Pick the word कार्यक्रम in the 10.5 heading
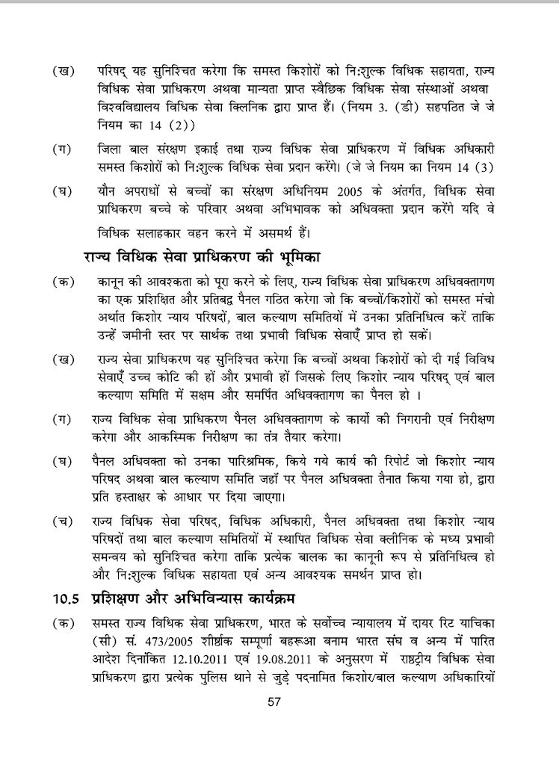click(x=278, y=598)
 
